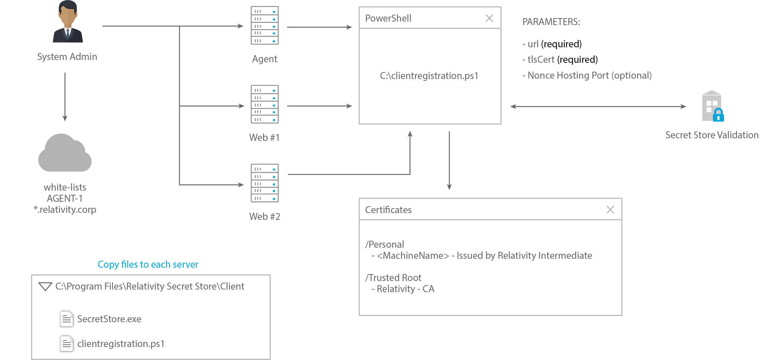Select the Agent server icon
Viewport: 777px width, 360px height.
265,25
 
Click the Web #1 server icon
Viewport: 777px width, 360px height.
265,104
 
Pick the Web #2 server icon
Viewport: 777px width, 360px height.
265,183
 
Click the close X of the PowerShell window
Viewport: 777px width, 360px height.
489,18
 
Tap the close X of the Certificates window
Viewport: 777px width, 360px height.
610,210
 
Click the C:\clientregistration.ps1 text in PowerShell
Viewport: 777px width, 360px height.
429,76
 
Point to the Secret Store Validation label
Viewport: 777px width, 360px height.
712,135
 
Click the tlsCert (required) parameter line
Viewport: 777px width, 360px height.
560,60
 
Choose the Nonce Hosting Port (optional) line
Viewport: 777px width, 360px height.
587,75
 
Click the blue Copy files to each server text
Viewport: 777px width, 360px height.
148,265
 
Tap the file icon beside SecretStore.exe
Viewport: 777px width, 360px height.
67,319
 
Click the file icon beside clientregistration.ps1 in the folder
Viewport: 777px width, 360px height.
67,344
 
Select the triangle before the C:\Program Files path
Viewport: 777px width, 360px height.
45,287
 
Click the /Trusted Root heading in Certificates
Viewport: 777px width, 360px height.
393,278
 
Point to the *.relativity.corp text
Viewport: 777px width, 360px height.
65,210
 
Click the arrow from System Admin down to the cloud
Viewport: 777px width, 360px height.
65,97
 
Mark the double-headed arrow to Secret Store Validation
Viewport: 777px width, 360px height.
598,107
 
